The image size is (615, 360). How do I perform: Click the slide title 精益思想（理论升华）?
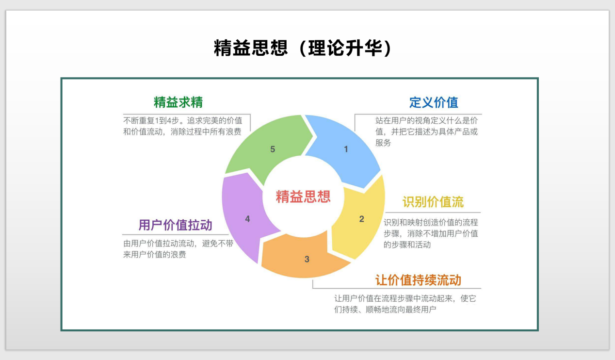click(303, 49)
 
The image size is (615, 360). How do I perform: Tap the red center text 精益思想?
click(303, 196)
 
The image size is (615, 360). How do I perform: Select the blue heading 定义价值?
click(434, 102)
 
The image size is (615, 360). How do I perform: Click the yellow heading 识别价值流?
click(433, 202)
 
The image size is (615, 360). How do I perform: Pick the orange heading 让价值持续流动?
click(418, 280)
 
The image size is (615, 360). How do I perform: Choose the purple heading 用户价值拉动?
click(175, 225)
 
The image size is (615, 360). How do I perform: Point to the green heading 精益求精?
click(178, 102)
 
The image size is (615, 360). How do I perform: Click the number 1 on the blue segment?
click(346, 149)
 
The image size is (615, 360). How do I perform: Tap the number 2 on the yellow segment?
click(361, 219)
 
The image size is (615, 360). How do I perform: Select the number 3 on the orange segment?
click(307, 260)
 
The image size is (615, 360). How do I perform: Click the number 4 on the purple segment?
click(247, 219)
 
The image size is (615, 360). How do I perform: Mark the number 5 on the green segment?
click(273, 149)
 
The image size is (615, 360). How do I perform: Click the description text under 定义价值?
click(426, 131)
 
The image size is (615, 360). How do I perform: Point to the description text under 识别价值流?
click(431, 233)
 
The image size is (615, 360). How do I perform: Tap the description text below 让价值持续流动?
click(405, 304)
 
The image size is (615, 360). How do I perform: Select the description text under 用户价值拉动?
click(178, 249)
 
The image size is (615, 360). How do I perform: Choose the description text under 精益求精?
click(182, 126)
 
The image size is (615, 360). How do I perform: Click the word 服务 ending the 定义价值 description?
click(383, 143)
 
